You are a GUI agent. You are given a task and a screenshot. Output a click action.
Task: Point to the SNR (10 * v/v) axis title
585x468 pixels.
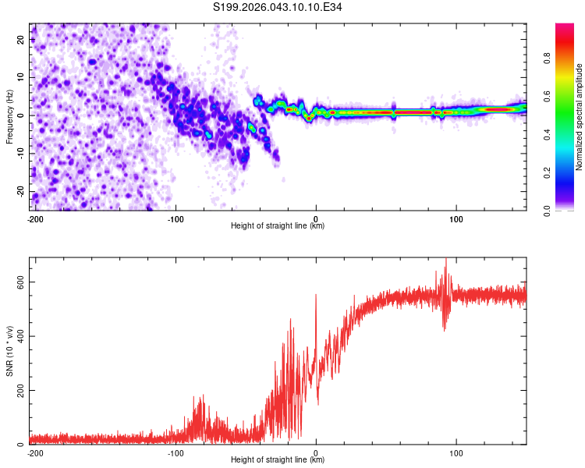9,348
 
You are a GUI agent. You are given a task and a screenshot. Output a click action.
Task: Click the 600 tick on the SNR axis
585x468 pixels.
18,282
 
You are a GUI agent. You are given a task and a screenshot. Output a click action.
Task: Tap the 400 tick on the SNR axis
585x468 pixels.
18,336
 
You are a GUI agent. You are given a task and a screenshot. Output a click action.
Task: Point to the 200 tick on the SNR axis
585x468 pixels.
18,390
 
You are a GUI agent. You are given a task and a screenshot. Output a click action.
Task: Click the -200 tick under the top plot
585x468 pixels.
34,218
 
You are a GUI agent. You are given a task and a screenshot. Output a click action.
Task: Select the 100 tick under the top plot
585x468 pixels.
456,218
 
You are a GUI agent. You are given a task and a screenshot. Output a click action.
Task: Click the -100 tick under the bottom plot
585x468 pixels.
175,452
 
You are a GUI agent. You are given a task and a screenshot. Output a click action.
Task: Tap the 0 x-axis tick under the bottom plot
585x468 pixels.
316,452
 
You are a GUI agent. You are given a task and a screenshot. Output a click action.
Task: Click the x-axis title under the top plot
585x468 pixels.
278,226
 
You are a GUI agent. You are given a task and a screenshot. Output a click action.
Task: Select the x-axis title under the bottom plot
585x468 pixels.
278,461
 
